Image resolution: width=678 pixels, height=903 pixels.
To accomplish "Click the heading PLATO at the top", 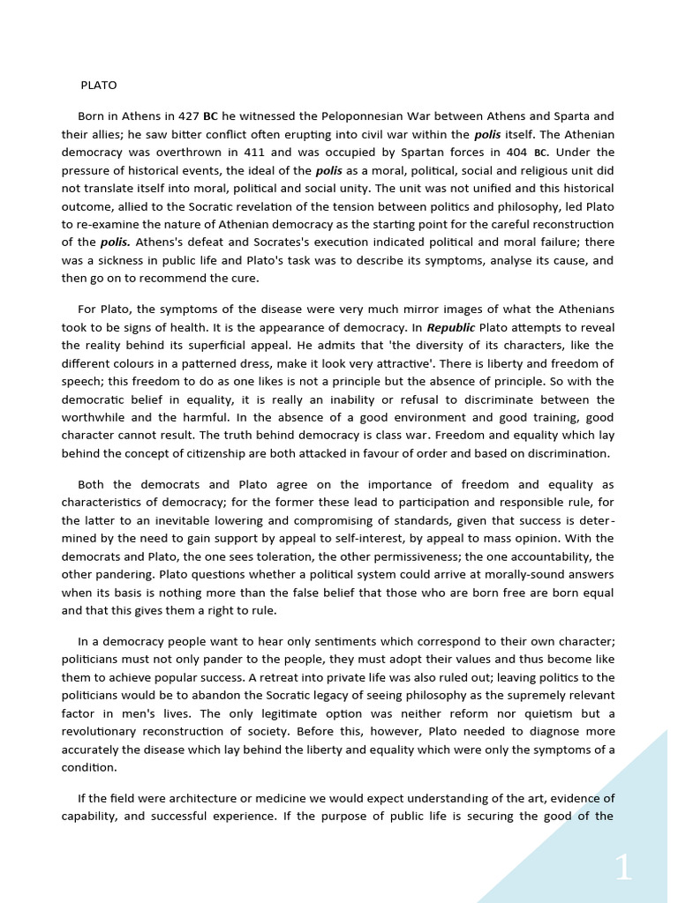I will (x=98, y=86).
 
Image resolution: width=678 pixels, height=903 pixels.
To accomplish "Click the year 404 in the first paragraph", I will (x=515, y=153).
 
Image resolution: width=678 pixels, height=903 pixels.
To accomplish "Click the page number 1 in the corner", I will (x=623, y=869).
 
